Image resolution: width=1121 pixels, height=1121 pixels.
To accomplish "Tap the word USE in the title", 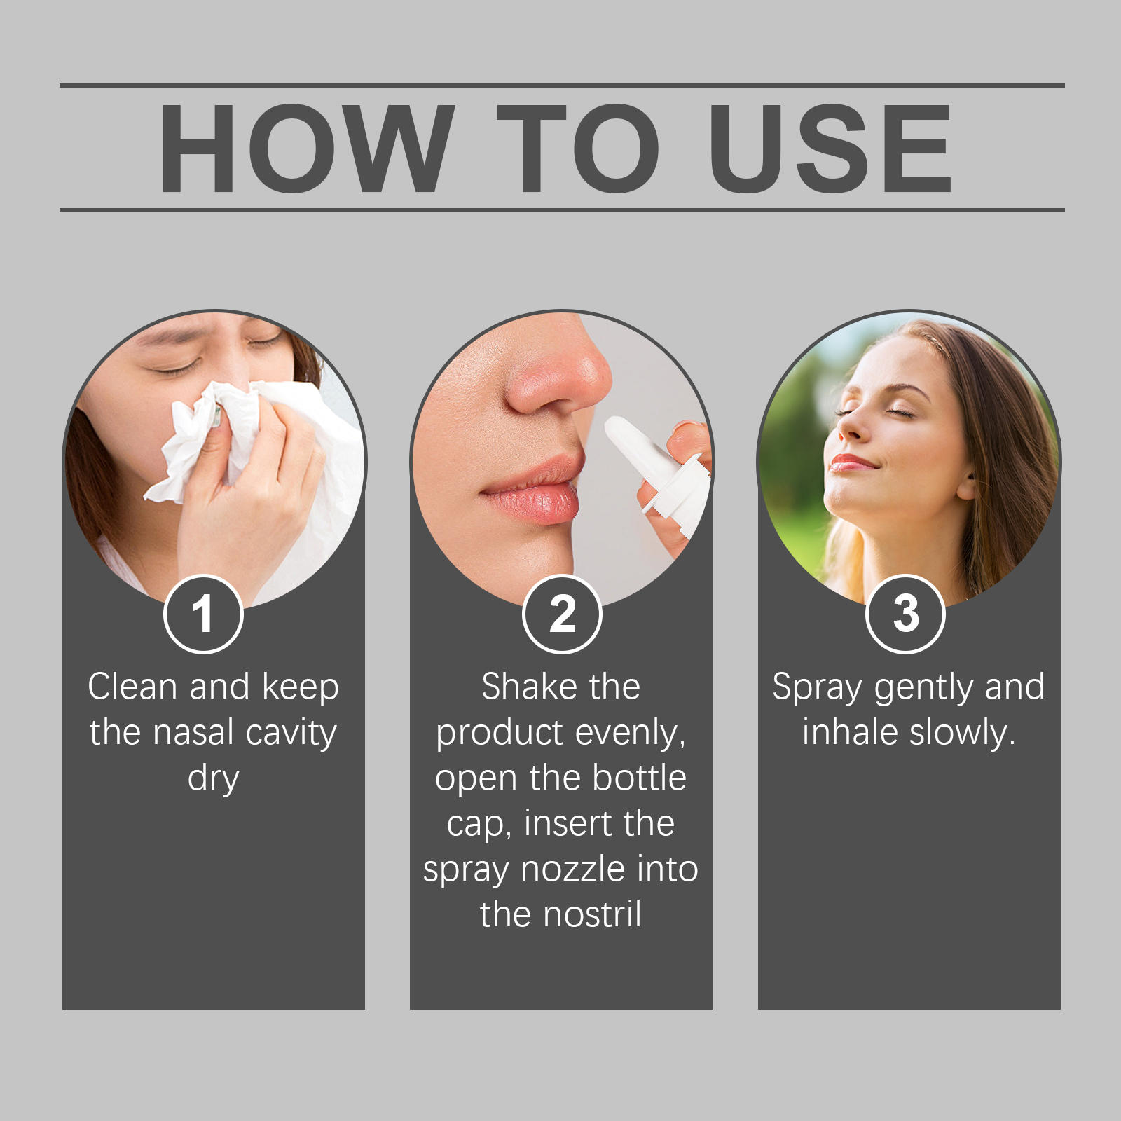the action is coord(830,148).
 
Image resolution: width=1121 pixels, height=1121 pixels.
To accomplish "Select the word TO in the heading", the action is coord(579,148).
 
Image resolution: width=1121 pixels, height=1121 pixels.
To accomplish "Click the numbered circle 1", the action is coord(203,614).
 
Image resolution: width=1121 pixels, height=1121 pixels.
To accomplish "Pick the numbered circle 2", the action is coord(562,614).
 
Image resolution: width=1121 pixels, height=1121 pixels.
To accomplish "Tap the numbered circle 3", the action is coord(906,614).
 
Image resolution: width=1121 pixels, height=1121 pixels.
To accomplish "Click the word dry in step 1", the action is coord(214,779).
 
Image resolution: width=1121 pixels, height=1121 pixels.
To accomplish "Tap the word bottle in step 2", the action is coord(639,778).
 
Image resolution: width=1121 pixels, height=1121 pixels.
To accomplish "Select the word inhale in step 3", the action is coord(850,733).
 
